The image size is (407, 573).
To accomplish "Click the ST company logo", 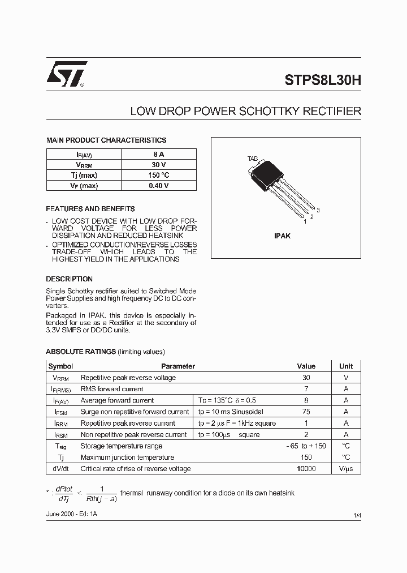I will point(67,74).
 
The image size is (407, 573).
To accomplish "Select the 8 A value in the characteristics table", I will point(159,154).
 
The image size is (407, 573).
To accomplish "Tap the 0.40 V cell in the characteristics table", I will point(159,185).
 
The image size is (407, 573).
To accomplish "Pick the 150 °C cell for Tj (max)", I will point(159,175).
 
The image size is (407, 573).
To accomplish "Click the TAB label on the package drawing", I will point(253,159).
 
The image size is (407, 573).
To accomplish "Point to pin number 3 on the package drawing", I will point(318,210).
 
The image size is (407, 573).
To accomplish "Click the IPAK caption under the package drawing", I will point(282,236).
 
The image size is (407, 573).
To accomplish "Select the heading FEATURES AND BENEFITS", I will point(90,209).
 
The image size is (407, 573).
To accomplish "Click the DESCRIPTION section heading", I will point(69,279).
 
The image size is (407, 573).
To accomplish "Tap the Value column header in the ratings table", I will point(306,366).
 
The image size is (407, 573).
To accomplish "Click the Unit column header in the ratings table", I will point(346,366).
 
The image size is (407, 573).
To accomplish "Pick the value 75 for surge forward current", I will point(306,412).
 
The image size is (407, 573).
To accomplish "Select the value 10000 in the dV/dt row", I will point(306,469).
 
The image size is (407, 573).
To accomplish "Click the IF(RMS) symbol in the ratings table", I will point(61,389).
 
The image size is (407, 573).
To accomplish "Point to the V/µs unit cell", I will point(346,469).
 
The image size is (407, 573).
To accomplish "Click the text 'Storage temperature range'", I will point(122,446).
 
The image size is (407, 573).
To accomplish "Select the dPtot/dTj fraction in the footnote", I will point(64,493).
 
